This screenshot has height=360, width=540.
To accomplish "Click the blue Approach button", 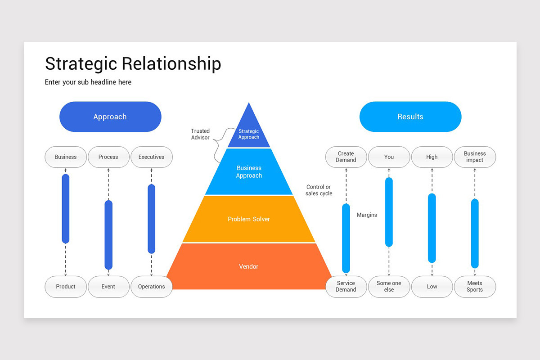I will click(x=110, y=117).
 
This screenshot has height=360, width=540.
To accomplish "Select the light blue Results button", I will click(x=410, y=117).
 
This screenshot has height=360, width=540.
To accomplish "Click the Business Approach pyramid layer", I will click(x=249, y=172).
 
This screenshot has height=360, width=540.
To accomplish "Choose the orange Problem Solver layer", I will click(x=249, y=219).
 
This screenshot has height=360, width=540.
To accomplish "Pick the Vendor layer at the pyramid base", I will click(x=249, y=266).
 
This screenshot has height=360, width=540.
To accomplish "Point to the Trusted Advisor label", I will click(x=200, y=134).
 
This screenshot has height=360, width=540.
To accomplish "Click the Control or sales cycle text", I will click(x=319, y=190).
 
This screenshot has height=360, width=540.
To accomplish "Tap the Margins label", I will click(x=367, y=215).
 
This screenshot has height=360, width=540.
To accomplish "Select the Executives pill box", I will click(x=151, y=157).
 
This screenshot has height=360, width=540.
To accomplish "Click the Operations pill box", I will click(x=151, y=287).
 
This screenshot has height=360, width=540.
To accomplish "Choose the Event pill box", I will click(x=108, y=287).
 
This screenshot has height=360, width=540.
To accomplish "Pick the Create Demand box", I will click(x=346, y=157).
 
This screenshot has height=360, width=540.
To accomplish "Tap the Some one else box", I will click(x=389, y=287).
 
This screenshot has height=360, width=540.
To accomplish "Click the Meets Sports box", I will click(x=475, y=287).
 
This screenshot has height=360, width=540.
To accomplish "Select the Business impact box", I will click(x=475, y=157).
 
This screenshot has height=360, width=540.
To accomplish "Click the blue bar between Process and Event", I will click(x=108, y=235).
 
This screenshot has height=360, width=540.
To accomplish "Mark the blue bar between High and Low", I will click(x=432, y=228).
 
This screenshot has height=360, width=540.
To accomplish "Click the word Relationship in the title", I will click(x=171, y=64).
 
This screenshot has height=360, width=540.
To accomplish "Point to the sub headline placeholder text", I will click(x=88, y=82).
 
